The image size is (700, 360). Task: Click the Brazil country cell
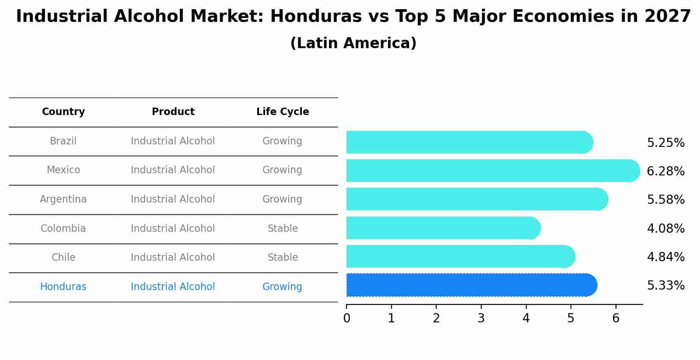click(x=63, y=141)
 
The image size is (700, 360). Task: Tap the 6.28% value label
click(x=665, y=171)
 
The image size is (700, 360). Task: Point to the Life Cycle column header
click(x=283, y=112)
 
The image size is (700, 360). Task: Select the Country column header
click(x=63, y=112)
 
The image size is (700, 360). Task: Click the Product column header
click(x=173, y=112)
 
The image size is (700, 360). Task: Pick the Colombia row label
click(x=63, y=229)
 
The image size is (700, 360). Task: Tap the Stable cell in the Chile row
click(x=283, y=258)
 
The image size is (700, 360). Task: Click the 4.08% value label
click(x=665, y=229)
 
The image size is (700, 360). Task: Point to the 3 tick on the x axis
click(x=481, y=318)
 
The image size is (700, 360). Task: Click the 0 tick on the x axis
click(x=346, y=318)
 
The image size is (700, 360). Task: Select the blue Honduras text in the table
click(x=63, y=287)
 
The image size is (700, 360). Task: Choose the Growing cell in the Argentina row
click(x=282, y=199)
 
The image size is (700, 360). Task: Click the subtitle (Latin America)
click(x=353, y=43)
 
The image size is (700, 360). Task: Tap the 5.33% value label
click(x=665, y=286)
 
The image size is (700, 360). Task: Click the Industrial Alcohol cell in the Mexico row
click(x=173, y=170)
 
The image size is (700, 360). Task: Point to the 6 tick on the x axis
click(x=616, y=318)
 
